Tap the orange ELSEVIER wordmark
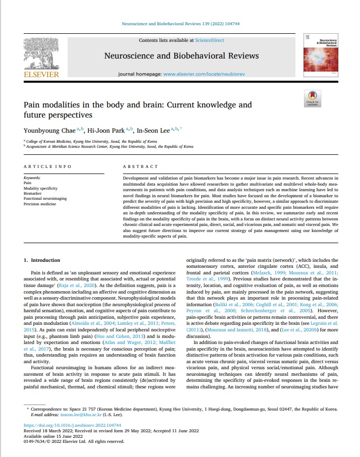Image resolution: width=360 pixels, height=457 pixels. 41,75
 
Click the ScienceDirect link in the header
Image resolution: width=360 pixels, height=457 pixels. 210,40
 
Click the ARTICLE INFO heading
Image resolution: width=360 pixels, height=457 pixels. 48,166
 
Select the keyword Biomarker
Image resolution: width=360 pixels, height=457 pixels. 33,192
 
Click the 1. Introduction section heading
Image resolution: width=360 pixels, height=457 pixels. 42,260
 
